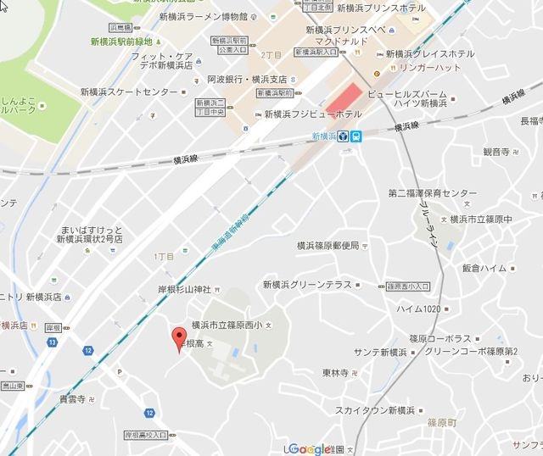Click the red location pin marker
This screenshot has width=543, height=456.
[178, 338]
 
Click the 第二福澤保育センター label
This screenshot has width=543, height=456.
[433, 193]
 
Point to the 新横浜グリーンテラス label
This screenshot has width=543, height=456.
[306, 285]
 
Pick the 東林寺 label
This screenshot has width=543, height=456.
[338, 373]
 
